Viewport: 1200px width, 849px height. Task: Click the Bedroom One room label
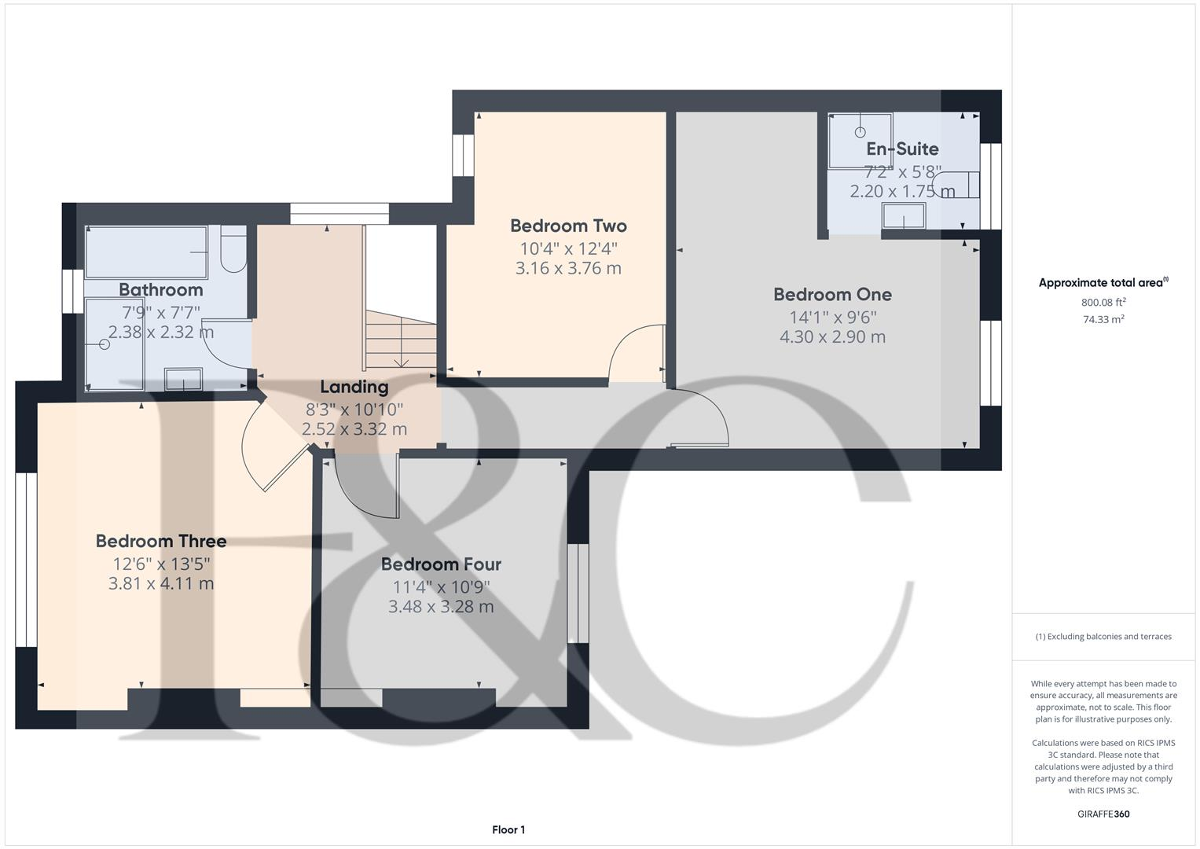(x=832, y=294)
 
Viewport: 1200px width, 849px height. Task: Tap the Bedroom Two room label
(x=568, y=226)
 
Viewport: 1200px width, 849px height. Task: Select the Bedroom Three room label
(x=161, y=541)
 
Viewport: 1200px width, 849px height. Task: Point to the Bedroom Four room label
(x=441, y=564)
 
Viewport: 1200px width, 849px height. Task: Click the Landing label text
(x=354, y=387)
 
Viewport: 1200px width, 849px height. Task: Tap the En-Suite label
(x=902, y=149)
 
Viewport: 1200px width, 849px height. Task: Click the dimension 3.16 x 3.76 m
(x=568, y=268)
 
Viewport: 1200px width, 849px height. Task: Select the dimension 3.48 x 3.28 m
(x=441, y=607)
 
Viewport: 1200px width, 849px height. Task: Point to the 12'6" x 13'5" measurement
(x=161, y=564)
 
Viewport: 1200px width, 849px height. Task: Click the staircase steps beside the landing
(x=401, y=340)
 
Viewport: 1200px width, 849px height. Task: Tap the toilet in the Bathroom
(x=233, y=249)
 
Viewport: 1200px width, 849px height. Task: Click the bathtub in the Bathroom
(x=146, y=252)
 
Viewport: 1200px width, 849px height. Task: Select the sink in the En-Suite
(x=904, y=216)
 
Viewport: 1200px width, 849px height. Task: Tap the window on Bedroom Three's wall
(x=26, y=560)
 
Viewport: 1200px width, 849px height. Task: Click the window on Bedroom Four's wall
(x=578, y=593)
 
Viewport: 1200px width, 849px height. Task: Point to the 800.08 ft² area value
(x=1103, y=303)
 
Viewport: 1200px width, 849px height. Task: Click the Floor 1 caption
(x=508, y=829)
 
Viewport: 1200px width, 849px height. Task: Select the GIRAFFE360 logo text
(x=1103, y=814)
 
